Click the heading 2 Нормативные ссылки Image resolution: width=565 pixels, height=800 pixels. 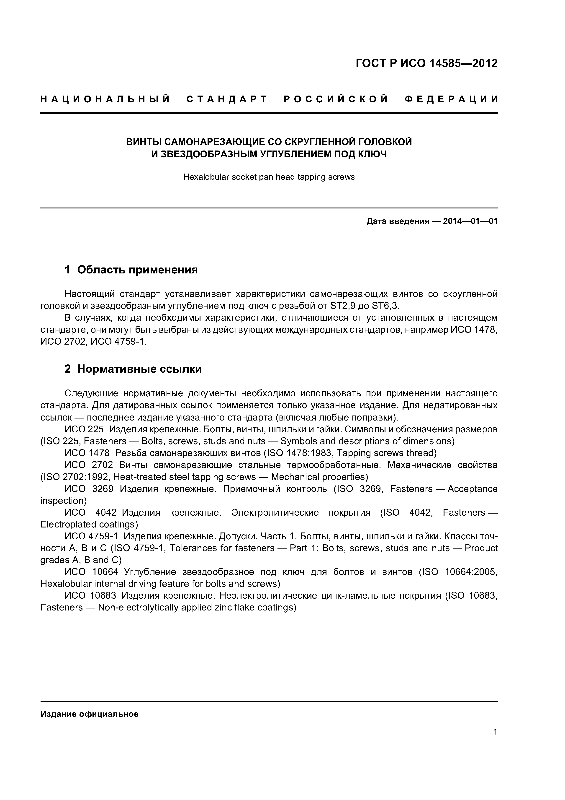133,369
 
